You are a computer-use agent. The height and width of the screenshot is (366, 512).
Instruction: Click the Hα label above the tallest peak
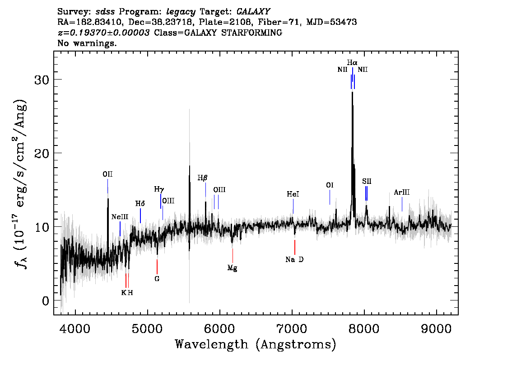(352, 62)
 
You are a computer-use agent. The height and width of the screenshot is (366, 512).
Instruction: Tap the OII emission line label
(107, 174)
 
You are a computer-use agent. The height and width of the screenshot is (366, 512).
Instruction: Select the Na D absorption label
(294, 259)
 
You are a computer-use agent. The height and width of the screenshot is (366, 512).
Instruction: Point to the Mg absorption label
(232, 268)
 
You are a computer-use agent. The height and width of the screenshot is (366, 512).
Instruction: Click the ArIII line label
(402, 192)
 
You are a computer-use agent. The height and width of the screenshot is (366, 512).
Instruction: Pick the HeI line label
(293, 194)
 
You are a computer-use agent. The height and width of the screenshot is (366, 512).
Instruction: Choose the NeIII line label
(120, 216)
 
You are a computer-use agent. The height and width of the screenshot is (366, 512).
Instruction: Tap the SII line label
(367, 181)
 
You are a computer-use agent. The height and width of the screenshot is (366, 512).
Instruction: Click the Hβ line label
(202, 178)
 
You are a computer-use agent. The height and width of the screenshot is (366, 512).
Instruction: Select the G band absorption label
(157, 279)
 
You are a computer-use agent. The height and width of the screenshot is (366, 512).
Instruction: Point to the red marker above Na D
(295, 247)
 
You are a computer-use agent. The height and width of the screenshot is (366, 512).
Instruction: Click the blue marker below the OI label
(330, 197)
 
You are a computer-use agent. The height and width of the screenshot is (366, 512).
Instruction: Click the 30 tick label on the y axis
(42, 80)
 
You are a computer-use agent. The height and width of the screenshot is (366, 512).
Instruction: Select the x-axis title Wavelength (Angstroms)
(256, 344)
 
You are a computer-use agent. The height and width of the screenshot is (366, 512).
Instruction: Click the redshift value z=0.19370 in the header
(103, 33)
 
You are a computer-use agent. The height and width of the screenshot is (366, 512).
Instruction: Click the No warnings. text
(87, 43)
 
